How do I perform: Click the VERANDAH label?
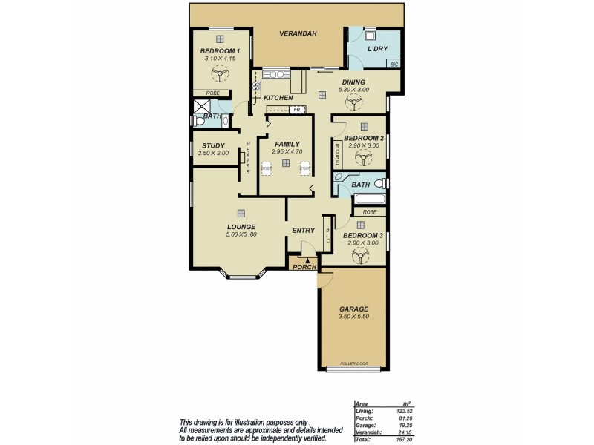coord(298,34)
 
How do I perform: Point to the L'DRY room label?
coord(379,49)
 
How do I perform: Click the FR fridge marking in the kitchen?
coord(296,110)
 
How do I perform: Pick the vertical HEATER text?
coord(247,158)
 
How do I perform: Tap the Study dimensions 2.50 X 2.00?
coord(213,153)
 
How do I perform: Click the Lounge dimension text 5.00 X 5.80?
coord(241,235)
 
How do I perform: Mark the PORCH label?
coord(304,267)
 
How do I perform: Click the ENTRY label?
coord(304,230)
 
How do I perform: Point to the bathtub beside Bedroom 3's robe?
coord(369,200)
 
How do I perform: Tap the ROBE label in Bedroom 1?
coord(212,93)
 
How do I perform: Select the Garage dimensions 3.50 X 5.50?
coord(353,317)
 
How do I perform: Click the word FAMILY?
coord(287,144)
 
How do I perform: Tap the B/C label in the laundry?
coord(394,65)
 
